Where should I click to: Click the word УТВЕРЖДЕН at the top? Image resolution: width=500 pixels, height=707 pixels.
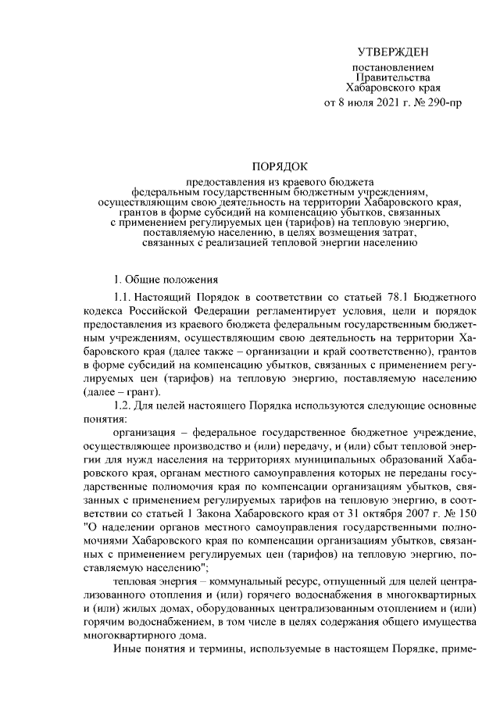coord(393,52)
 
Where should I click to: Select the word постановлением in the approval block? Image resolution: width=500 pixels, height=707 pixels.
coord(393,69)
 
